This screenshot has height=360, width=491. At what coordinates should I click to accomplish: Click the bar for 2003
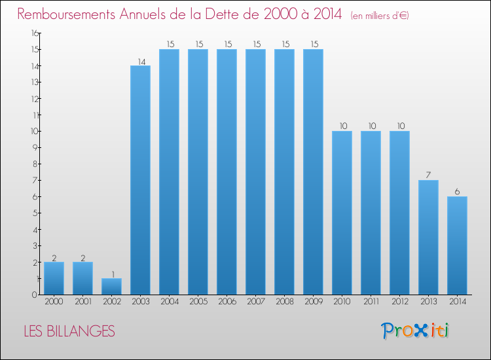(x=140, y=180)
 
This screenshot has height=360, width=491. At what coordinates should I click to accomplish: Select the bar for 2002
(x=111, y=287)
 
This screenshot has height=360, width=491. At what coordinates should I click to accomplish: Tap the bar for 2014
(x=457, y=245)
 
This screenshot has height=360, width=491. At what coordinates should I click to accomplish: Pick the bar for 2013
(x=428, y=237)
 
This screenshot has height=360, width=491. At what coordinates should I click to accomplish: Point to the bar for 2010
(x=342, y=213)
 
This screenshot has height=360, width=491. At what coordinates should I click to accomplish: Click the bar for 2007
(x=255, y=171)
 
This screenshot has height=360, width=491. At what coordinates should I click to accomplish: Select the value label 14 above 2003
(x=141, y=62)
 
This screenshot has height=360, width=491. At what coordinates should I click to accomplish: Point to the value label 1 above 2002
(x=111, y=274)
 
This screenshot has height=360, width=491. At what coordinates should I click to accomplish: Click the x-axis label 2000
(x=54, y=302)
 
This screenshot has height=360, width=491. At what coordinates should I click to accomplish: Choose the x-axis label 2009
(x=313, y=302)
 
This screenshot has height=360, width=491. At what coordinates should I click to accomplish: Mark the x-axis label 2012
(x=399, y=302)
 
